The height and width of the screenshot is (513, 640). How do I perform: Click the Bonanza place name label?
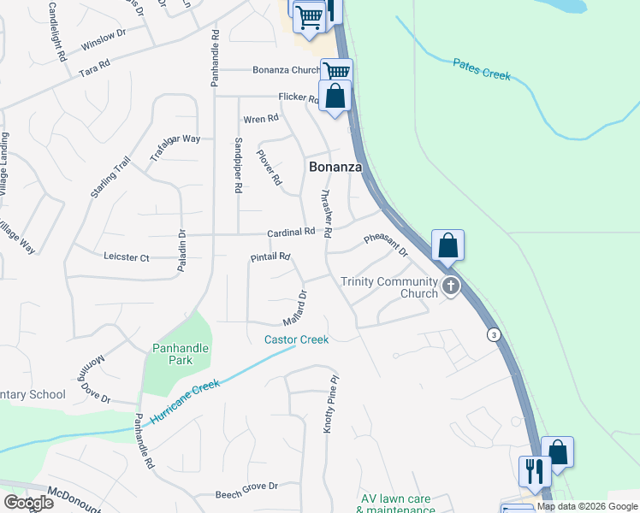pos(335,168)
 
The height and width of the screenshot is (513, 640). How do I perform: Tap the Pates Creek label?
pos(481,69)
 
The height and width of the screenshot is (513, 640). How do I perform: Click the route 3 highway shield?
pos(494,334)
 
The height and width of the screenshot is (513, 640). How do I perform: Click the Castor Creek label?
pos(296,339)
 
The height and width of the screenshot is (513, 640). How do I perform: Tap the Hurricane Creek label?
pos(185,402)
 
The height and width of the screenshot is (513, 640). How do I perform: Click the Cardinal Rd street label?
pos(291,232)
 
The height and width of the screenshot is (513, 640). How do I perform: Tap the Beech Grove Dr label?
pos(246,486)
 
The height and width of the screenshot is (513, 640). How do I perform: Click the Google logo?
pos(29,503)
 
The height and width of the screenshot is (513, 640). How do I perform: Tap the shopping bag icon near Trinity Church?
pos(448,245)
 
